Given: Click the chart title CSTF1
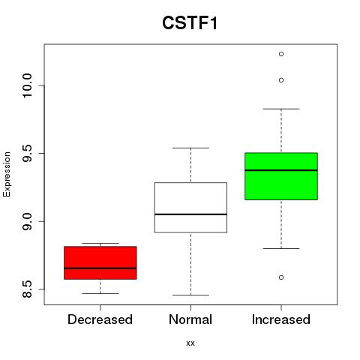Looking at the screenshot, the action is [190, 23].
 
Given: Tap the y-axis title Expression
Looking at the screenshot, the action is [7, 174].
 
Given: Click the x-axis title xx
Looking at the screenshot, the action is [190, 343].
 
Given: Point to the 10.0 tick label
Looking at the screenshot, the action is [27, 85].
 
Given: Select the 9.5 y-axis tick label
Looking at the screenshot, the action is [27, 153].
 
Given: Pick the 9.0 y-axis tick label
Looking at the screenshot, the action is [27, 221].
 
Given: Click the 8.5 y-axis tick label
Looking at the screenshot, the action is [27, 289].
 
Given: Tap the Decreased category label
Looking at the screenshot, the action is [100, 319].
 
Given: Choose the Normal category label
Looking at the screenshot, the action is [190, 319].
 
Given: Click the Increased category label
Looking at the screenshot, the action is [281, 319].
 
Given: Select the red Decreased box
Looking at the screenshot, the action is [100, 262].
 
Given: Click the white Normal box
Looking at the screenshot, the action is [190, 208].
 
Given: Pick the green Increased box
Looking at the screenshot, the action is [281, 176].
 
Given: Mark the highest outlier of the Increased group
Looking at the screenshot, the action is [281, 54].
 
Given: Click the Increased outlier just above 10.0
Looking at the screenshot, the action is [281, 80].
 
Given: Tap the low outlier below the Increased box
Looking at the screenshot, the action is [281, 277].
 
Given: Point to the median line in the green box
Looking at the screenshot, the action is [281, 170].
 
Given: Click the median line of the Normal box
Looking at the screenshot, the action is [190, 214].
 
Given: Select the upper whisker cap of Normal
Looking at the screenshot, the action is [190, 148].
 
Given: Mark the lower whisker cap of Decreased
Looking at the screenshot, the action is [100, 293].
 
